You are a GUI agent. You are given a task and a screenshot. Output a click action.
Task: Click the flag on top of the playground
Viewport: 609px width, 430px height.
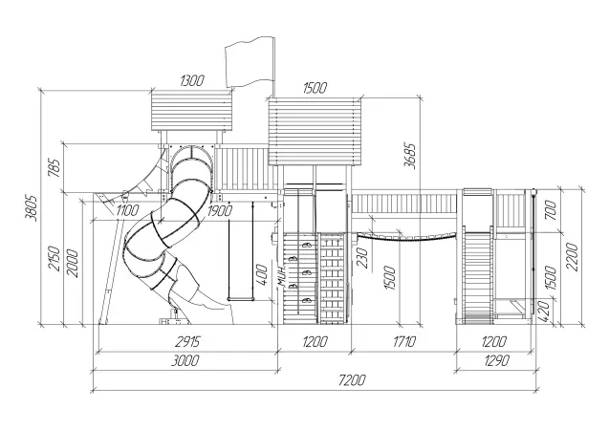coord(250,62)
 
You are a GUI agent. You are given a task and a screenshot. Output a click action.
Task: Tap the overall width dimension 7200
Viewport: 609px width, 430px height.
coord(352,380)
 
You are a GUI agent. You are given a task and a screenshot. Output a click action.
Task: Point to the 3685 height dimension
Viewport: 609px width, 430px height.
coord(410,156)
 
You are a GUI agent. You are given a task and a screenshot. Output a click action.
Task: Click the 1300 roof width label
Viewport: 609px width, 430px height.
coord(192,80)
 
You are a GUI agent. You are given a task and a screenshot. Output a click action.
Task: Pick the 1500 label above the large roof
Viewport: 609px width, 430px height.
coord(315,89)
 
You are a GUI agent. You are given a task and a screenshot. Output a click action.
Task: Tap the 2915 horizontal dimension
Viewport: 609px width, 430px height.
coord(187,341)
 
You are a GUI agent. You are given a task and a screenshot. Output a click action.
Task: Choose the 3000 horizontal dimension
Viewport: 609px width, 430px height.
coord(185,360)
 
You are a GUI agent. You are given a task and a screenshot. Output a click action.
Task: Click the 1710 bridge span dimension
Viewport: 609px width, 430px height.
coord(404,341)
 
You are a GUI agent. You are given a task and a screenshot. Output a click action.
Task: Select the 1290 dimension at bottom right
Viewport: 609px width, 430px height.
coord(497,360)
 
